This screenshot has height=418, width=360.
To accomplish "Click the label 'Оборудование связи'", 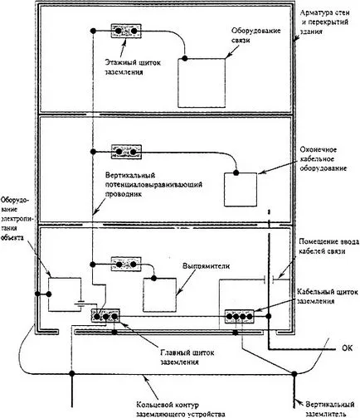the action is pyautogui.click(x=256, y=35).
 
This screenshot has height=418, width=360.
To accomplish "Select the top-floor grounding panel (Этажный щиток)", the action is pyautogui.click(x=126, y=31).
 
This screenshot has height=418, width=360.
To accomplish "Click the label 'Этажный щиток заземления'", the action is pyautogui.click(x=133, y=67).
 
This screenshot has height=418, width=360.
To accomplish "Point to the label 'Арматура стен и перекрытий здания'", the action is pyautogui.click(x=324, y=22).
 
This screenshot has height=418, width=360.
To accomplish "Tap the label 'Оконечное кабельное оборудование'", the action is pyautogui.click(x=324, y=159).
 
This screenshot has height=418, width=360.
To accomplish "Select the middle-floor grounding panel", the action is pyautogui.click(x=126, y=152).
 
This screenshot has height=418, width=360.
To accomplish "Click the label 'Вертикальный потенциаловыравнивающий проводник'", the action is pyautogui.click(x=153, y=184).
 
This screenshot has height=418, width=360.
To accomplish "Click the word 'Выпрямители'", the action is pyautogui.click(x=207, y=266).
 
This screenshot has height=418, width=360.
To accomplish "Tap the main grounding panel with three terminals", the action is pyautogui.click(x=106, y=316).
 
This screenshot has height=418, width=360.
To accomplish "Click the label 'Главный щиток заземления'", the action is pyautogui.click(x=187, y=357).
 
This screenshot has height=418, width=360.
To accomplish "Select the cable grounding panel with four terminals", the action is pyautogui.click(x=240, y=316).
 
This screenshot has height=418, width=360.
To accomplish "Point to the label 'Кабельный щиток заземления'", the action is pyautogui.click(x=328, y=296).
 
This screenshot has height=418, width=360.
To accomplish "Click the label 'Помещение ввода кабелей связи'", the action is pyautogui.click(x=329, y=246).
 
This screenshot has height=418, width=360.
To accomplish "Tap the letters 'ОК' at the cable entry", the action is pyautogui.click(x=348, y=348).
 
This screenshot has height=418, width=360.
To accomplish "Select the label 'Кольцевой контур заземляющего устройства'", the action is pyautogui.click(x=181, y=410).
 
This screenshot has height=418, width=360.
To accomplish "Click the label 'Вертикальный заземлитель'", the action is pyautogui.click(x=330, y=410).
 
